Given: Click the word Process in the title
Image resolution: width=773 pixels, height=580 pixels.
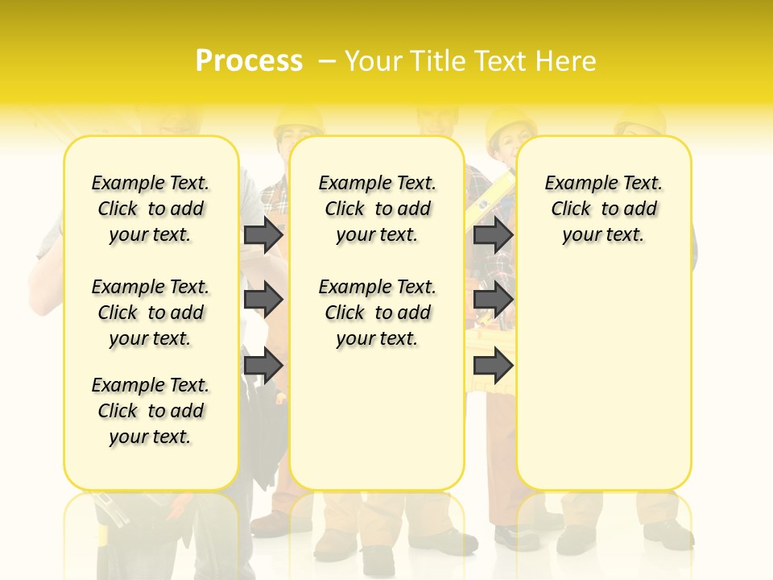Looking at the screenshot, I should [249, 60].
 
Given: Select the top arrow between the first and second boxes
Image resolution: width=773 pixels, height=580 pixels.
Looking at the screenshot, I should [263, 234].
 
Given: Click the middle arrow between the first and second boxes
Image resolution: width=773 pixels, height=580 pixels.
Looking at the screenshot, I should [263, 300].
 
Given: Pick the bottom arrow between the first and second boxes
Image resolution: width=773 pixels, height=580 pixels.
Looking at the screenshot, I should [263, 365].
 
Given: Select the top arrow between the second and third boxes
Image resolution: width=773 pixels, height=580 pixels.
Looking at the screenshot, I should [493, 234].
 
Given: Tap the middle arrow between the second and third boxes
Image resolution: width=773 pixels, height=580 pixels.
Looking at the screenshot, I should [493, 300].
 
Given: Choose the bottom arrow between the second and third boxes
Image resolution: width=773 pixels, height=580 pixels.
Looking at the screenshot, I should [493, 365].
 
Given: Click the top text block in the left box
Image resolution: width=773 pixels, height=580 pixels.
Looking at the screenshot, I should [151, 209].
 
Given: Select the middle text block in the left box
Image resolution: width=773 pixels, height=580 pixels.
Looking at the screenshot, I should [151, 313].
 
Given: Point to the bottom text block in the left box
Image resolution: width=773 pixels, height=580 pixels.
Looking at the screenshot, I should [151, 411].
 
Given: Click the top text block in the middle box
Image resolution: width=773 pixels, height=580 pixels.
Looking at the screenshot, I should [377, 209].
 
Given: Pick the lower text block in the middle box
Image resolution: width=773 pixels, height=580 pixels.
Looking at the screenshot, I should [377, 313].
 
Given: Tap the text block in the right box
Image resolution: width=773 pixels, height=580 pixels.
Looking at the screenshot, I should [604, 209].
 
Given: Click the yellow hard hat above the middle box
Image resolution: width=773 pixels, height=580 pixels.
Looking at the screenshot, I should [299, 121].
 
